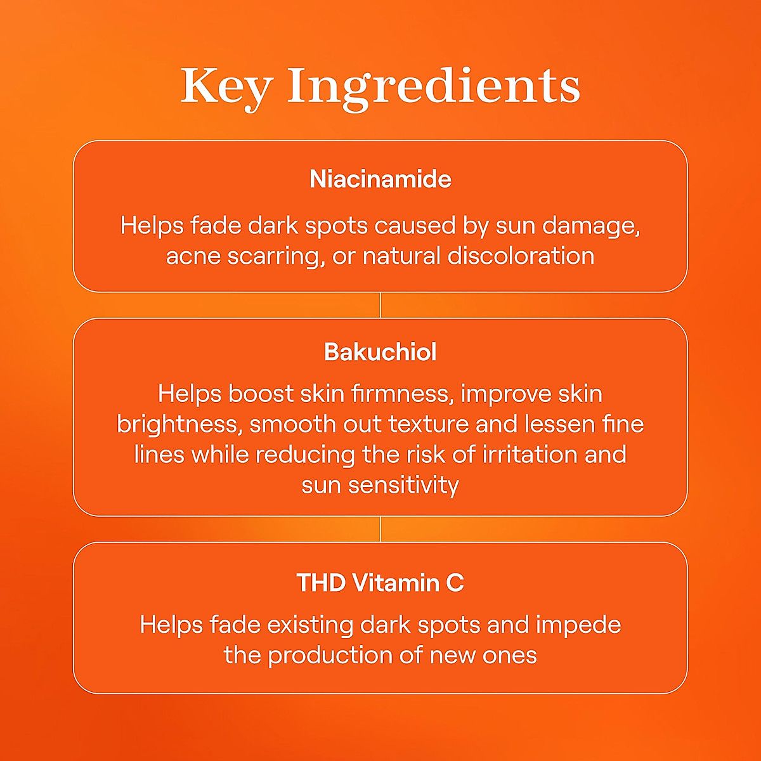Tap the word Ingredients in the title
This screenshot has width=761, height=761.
click(434, 88)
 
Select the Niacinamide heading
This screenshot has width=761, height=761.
click(380, 179)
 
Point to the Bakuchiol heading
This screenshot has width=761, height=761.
click(380, 352)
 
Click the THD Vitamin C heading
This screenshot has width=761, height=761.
click(380, 583)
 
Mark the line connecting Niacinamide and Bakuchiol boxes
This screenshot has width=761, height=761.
click(380, 305)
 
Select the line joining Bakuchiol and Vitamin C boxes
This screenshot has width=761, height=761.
click(380, 529)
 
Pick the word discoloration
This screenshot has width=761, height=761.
click(521, 256)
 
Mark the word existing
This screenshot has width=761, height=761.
click(310, 625)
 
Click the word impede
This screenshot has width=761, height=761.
click(578, 625)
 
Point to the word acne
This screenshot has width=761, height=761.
click(193, 257)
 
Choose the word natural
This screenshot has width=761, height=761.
click(401, 256)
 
